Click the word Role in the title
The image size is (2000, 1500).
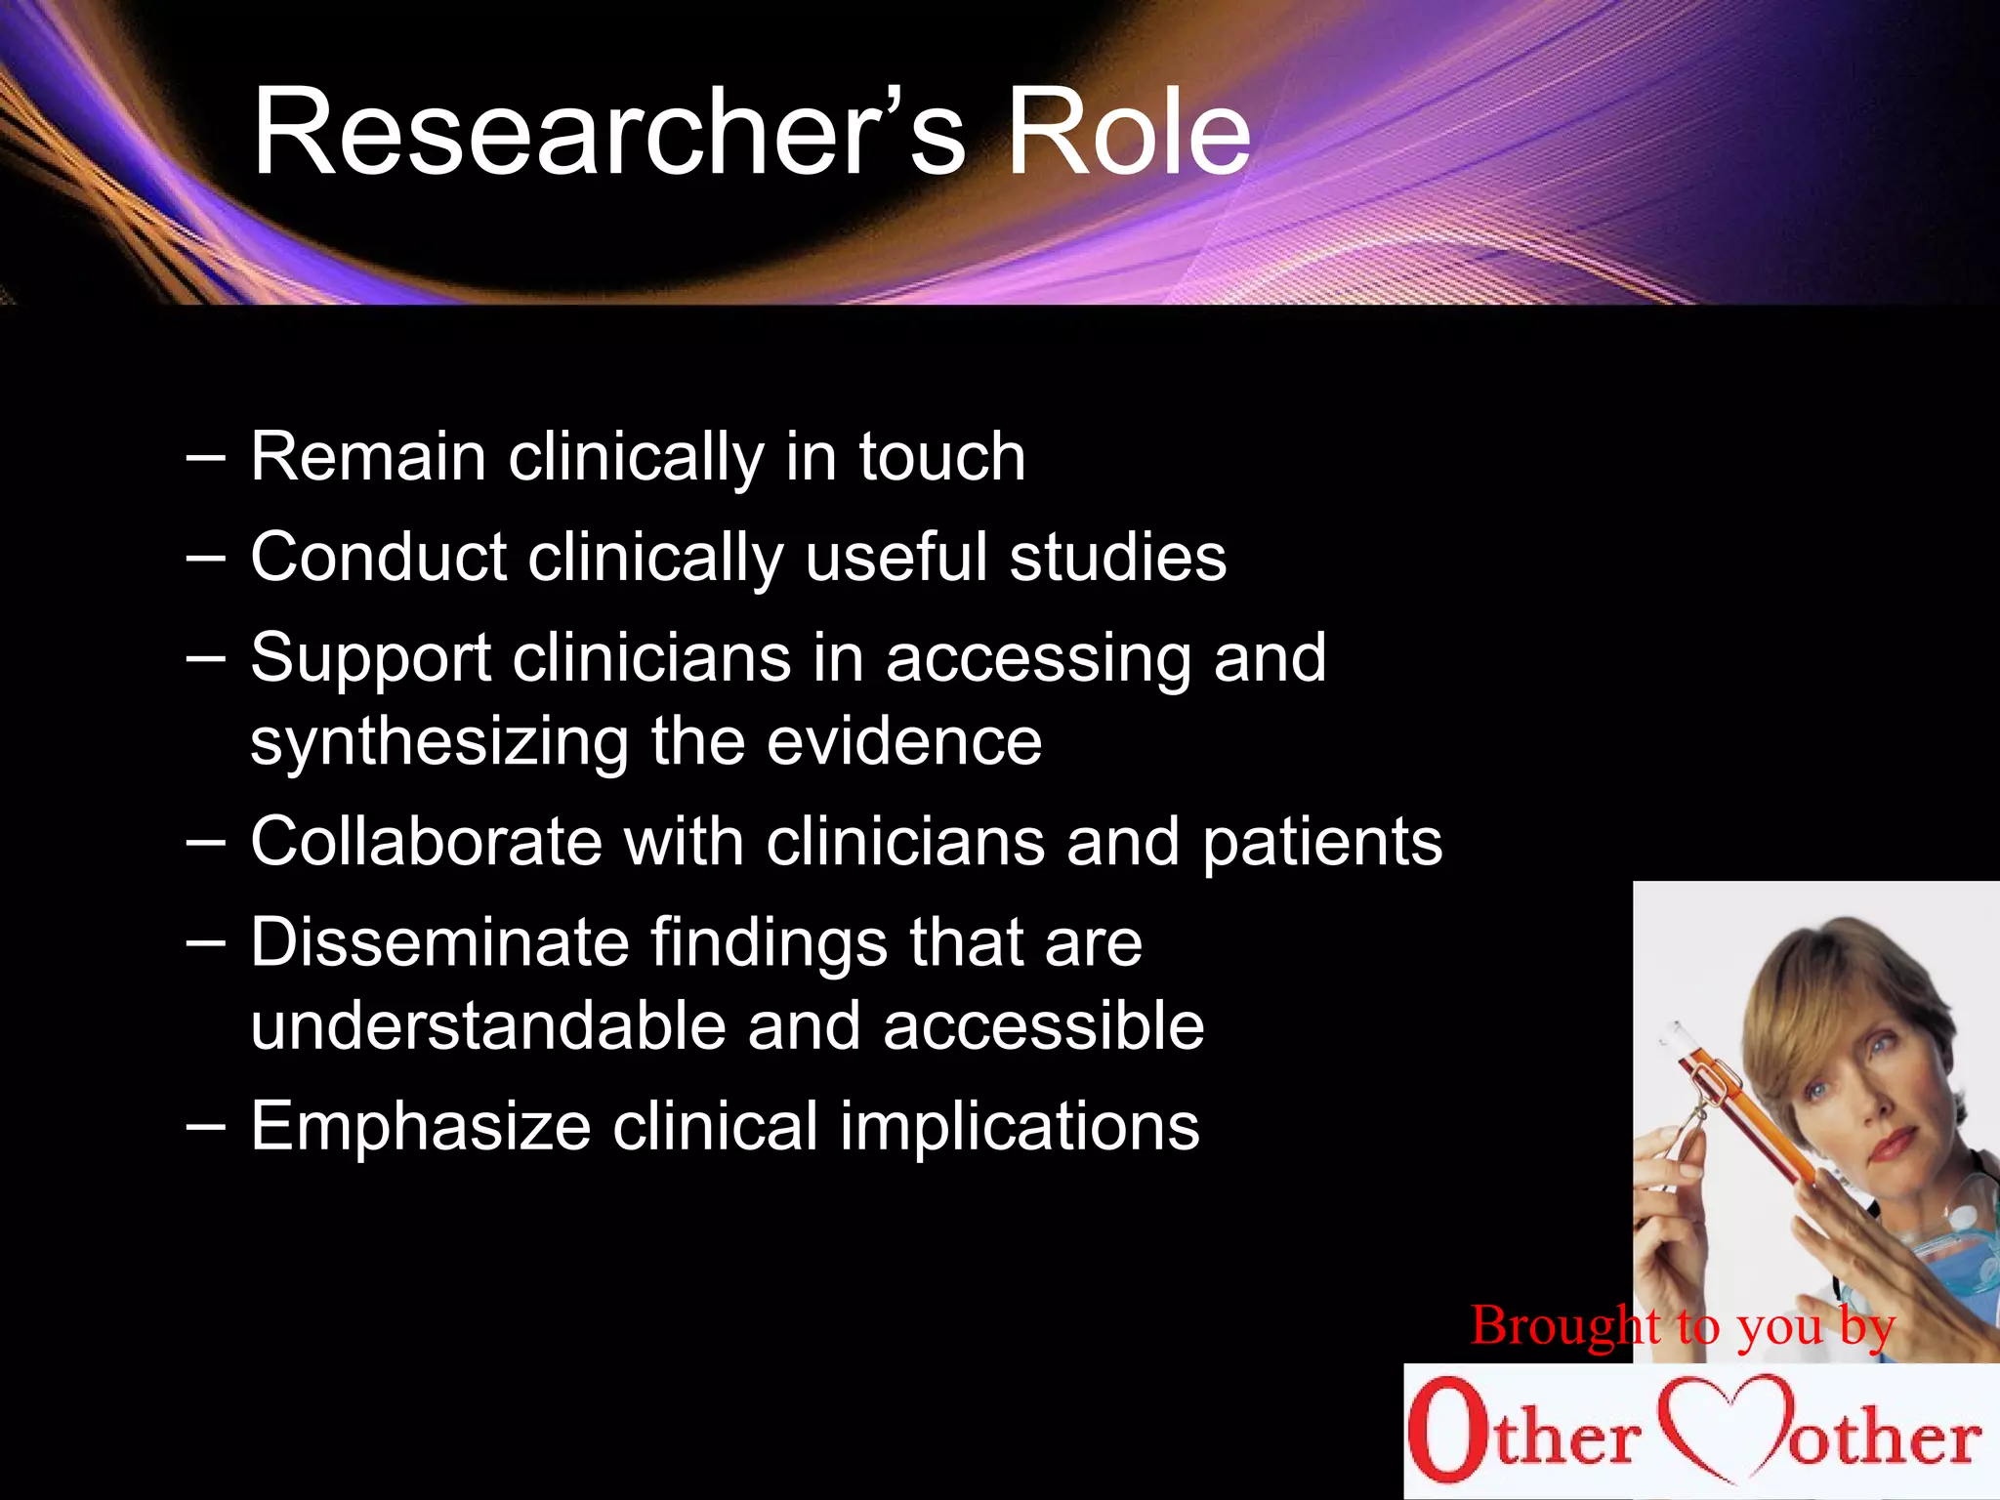1128,132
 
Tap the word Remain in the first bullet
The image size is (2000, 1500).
368,457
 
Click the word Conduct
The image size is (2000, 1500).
379,558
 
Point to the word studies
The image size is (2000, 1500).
1117,558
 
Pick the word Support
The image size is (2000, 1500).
371,659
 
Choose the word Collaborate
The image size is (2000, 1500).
427,842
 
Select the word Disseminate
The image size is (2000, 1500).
439,942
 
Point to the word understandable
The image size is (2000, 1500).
487,1026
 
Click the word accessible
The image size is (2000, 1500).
1043,1026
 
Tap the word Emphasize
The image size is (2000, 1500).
421,1127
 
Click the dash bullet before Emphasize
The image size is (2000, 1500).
205,1126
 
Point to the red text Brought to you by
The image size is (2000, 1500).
1683,1326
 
